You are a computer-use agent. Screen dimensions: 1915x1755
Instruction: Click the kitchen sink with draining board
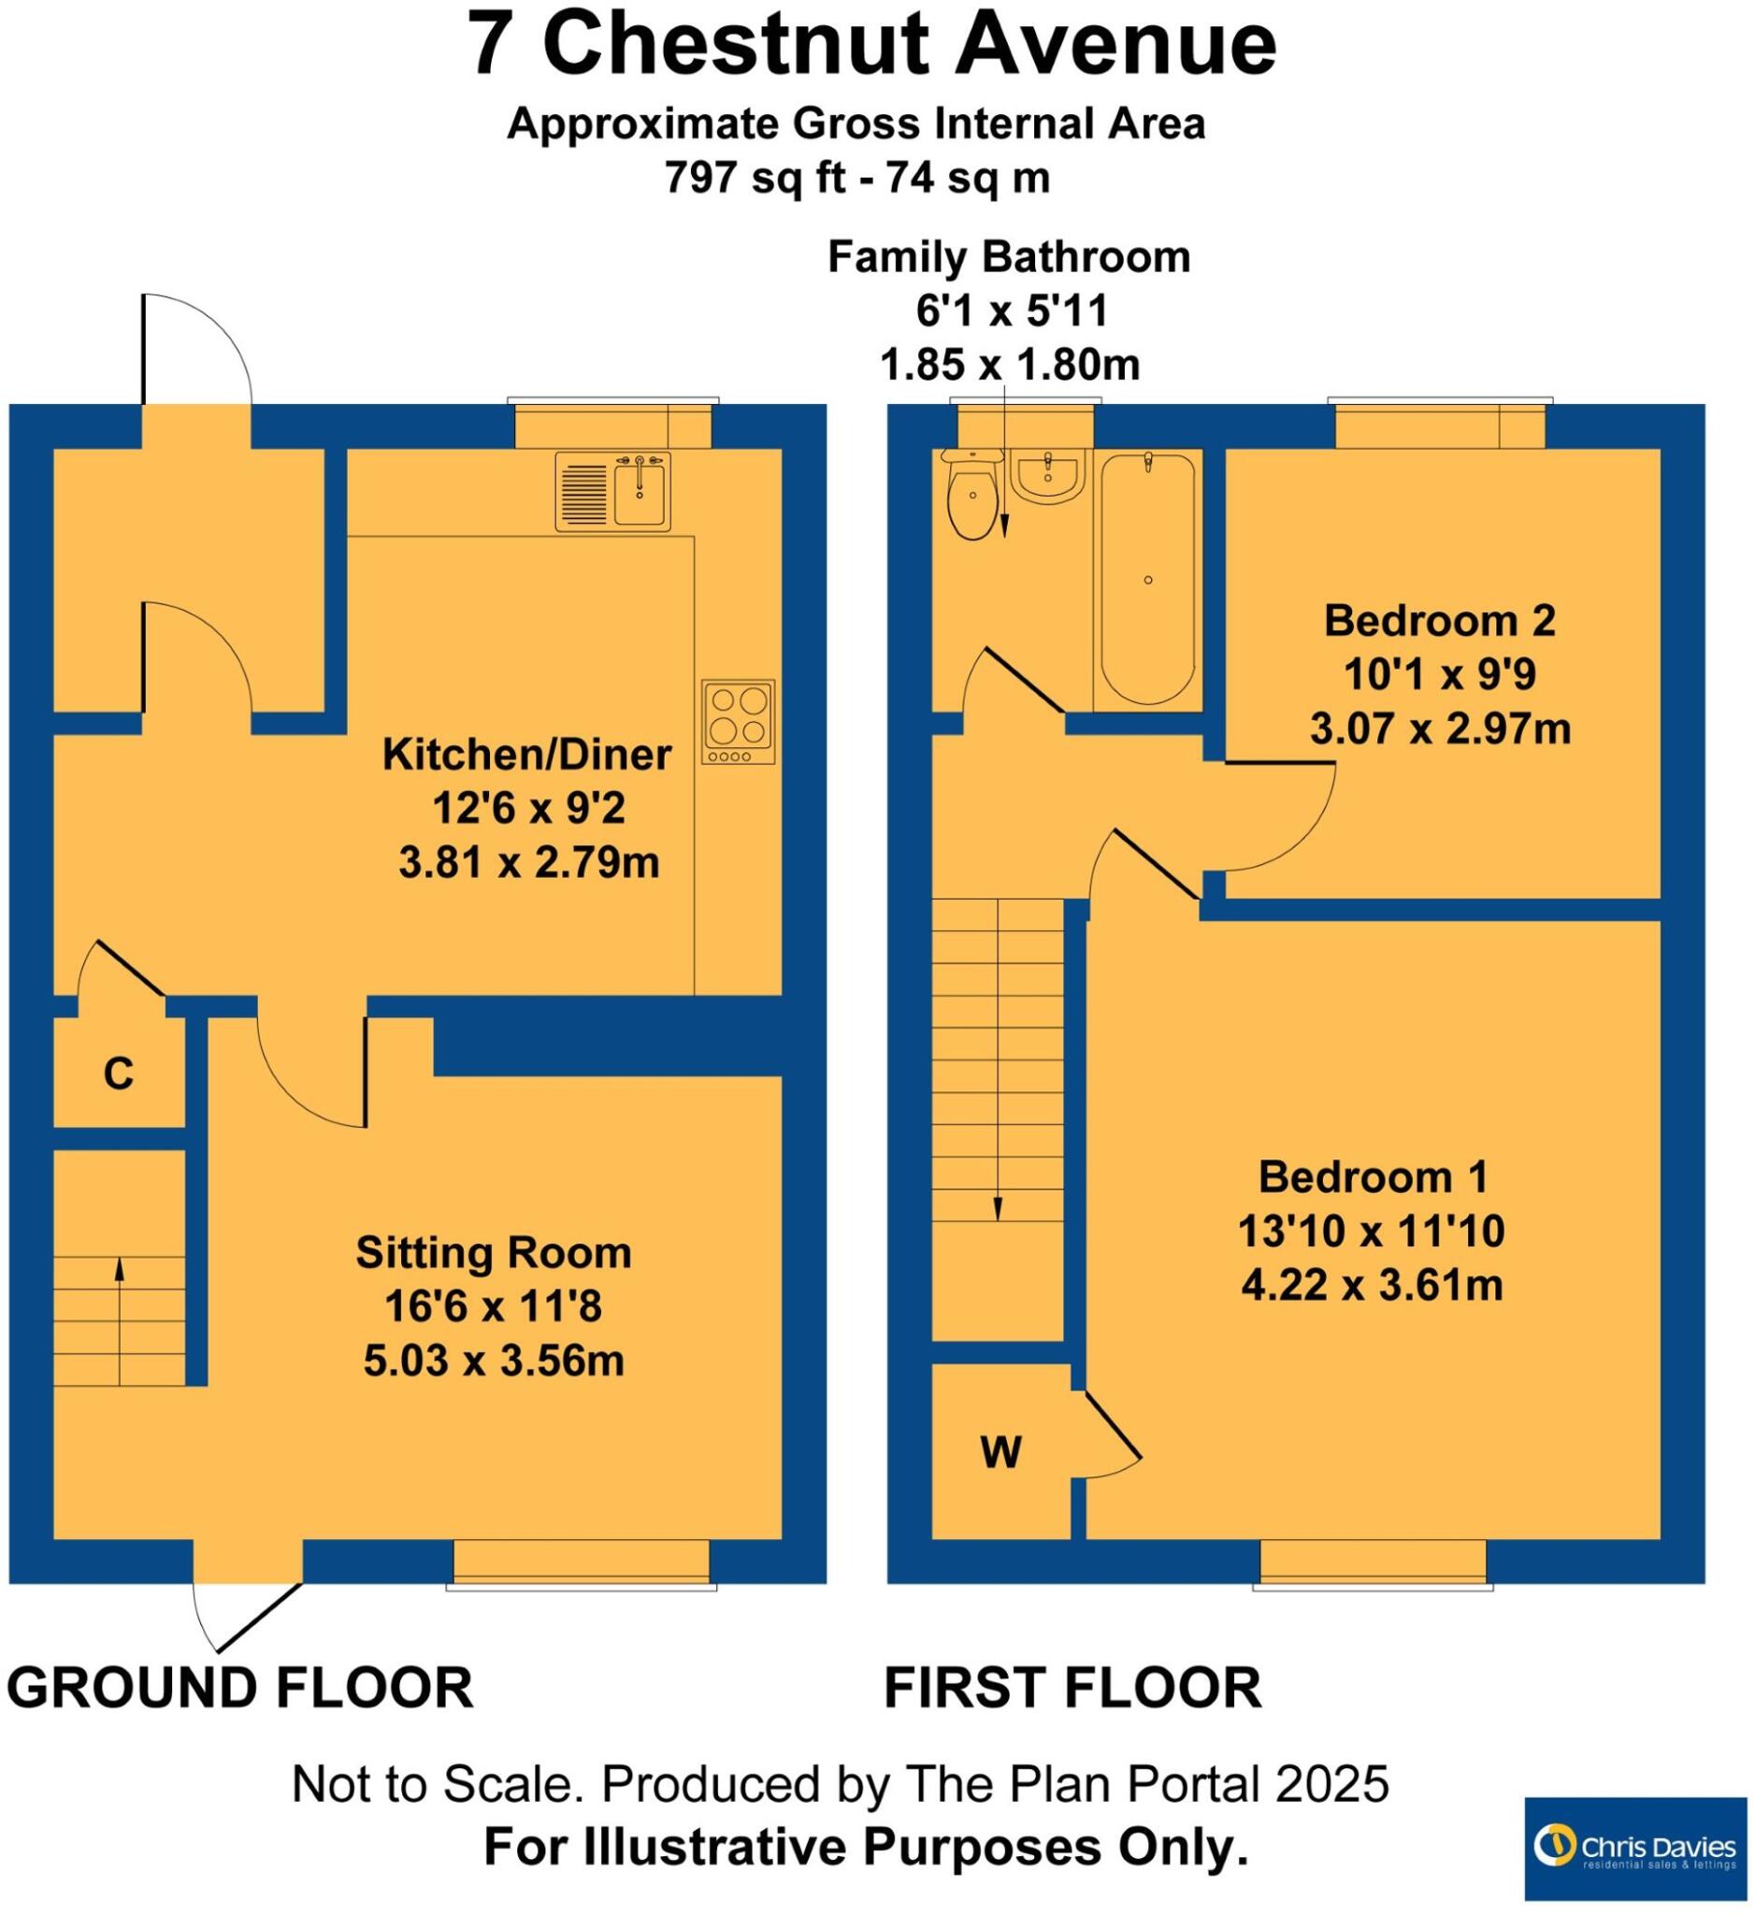click(x=612, y=491)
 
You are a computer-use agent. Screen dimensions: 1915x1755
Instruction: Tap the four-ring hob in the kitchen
click(x=739, y=722)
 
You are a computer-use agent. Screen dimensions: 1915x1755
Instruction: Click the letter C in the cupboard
click(x=118, y=1074)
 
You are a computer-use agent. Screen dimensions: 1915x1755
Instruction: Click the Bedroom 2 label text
click(x=1440, y=620)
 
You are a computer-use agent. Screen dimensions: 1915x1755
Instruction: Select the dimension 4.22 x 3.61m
click(x=1373, y=1286)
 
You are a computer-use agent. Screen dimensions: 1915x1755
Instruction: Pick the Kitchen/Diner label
click(x=527, y=755)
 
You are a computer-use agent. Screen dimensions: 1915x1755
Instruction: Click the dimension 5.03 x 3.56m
click(x=494, y=1361)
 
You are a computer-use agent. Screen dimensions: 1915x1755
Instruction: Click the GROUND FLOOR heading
click(x=239, y=1688)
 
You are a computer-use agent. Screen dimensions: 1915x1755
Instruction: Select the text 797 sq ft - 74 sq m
click(x=856, y=178)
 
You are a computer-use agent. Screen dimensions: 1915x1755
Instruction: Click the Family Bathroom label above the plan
click(x=1009, y=257)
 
